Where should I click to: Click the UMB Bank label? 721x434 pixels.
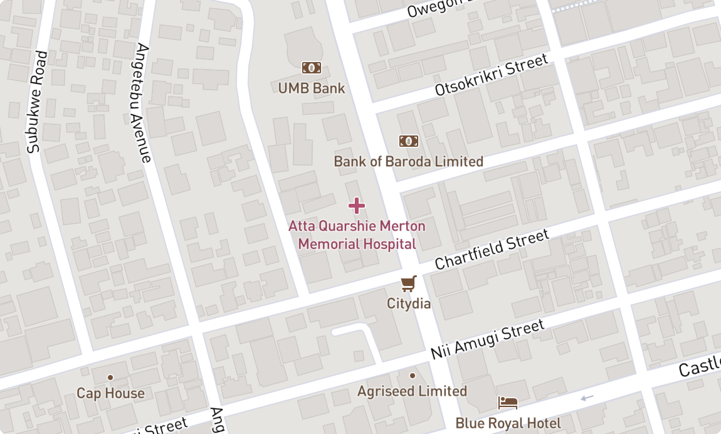(312, 88)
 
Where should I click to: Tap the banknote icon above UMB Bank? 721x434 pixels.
(312, 68)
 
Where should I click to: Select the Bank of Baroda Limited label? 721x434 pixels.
(408, 162)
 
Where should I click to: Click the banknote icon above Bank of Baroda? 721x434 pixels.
(409, 141)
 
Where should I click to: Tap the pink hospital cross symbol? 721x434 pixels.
(356, 206)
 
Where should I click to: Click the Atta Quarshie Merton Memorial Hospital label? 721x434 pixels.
(357, 235)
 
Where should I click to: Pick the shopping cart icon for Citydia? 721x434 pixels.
(409, 283)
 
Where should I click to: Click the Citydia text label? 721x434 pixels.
(409, 304)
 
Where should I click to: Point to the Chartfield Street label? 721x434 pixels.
(492, 250)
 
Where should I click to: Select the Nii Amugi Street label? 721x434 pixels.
(487, 340)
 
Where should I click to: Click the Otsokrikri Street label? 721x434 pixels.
(492, 75)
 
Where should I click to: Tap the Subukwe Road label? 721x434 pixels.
(36, 102)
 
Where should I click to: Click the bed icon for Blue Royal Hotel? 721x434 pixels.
(508, 403)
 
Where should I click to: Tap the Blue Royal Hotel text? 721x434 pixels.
(508, 423)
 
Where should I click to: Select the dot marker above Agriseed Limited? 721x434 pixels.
(412, 376)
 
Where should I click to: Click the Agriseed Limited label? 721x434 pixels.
(412, 391)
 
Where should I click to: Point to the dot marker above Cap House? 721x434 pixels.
(110, 377)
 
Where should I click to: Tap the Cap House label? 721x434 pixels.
(110, 394)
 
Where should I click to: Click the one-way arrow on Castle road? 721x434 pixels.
(587, 397)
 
